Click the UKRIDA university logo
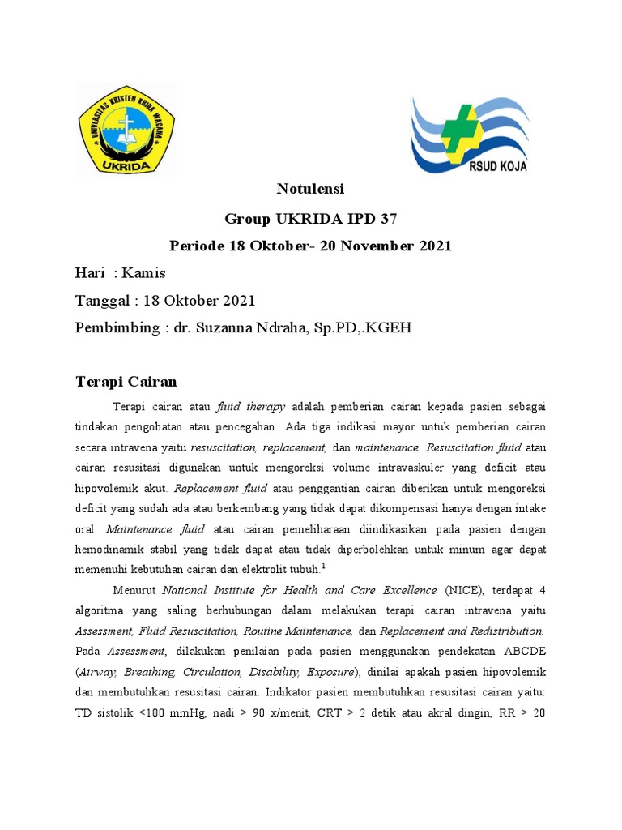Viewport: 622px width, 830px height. [127, 130]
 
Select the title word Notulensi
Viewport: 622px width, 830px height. [310, 189]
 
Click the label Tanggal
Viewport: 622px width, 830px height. [102, 301]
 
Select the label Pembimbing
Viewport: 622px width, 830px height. [114, 328]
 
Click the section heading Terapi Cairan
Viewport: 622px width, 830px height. [126, 381]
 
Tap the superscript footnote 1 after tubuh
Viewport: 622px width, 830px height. [323, 566]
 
